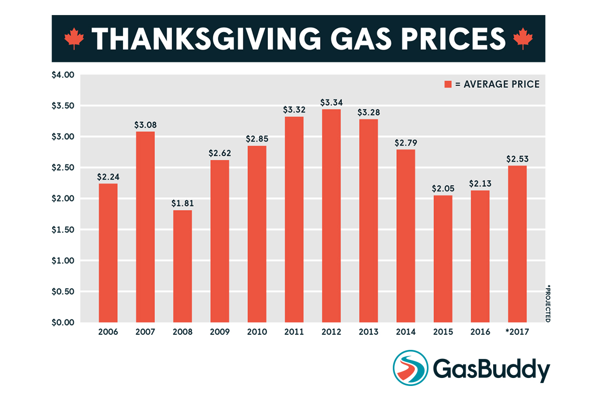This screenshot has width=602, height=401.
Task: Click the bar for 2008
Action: point(183,266)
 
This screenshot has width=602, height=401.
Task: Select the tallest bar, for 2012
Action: point(332,216)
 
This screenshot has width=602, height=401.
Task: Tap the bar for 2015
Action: point(443,258)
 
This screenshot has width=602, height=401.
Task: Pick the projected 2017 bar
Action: point(517,244)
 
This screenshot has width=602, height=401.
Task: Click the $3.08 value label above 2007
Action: point(145,125)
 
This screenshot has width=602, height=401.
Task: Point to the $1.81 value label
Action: point(183,204)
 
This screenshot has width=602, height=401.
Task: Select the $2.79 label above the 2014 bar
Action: point(406,143)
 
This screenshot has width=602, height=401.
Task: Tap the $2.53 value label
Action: point(517,159)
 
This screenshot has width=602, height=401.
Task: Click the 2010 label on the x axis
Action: point(257,332)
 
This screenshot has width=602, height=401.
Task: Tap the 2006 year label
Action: point(108,332)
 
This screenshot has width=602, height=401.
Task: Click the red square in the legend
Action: point(447,84)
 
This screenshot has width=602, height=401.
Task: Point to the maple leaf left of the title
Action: point(74,39)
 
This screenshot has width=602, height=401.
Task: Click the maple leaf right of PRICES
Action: point(523,39)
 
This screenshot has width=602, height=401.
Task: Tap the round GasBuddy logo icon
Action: point(410,367)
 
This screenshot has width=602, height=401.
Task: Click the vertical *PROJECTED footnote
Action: point(548,304)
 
